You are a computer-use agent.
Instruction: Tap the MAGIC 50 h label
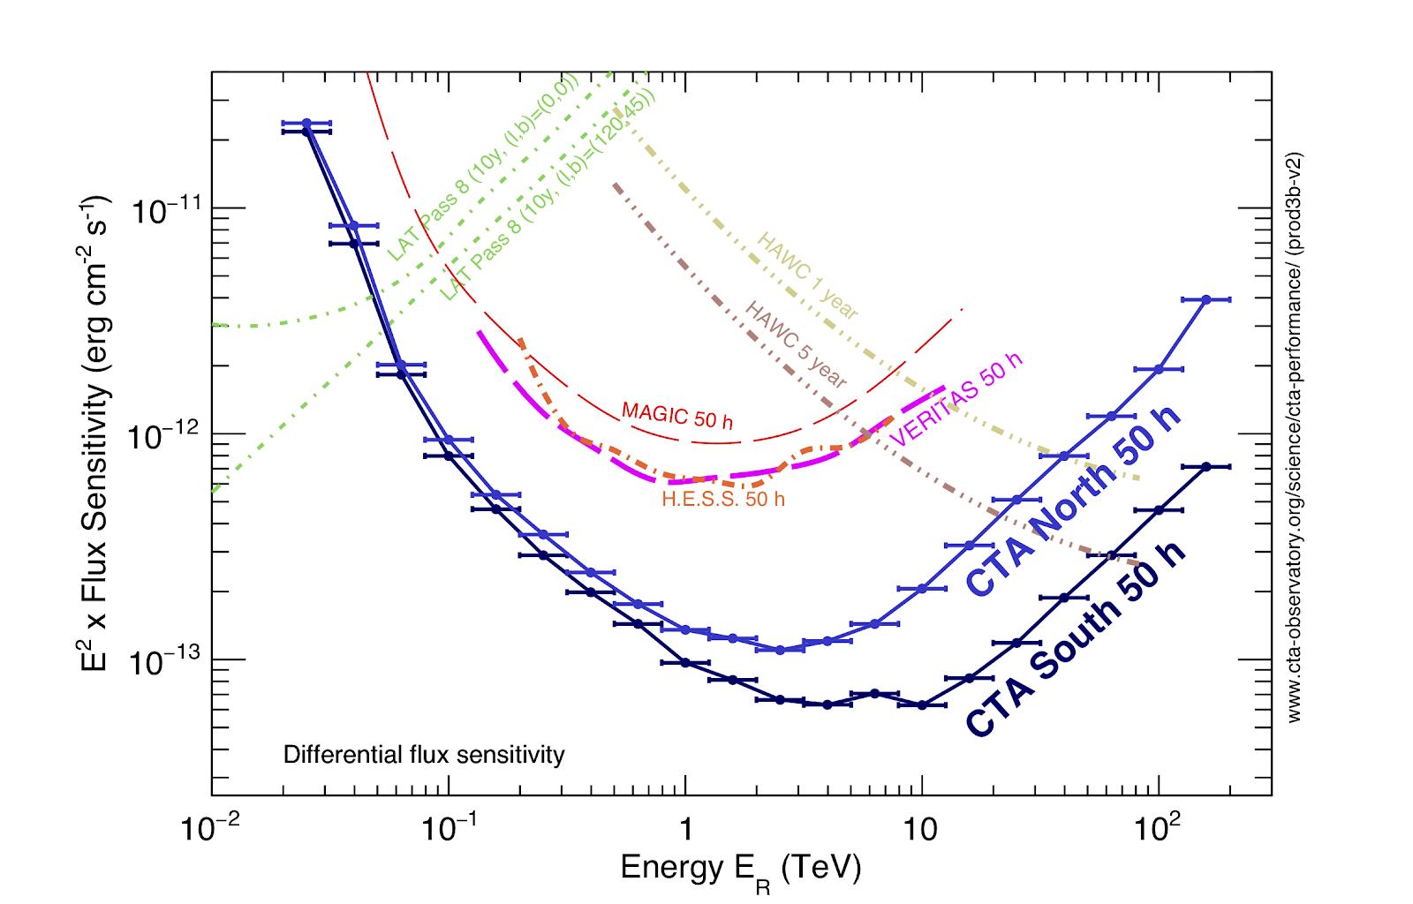[x=677, y=415]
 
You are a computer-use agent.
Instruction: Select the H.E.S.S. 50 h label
[x=723, y=500]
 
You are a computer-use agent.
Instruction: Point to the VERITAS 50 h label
[x=956, y=399]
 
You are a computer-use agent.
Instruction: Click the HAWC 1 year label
[x=807, y=275]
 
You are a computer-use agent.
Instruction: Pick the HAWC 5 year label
[x=796, y=344]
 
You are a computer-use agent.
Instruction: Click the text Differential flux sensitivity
[x=424, y=755]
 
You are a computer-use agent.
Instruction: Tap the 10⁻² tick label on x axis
[x=210, y=829]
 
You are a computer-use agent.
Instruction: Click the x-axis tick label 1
[x=685, y=831]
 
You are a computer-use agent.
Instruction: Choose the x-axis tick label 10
[x=921, y=831]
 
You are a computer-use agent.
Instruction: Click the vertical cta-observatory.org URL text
[x=1294, y=438]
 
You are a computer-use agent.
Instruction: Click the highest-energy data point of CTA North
[x=1206, y=300]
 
